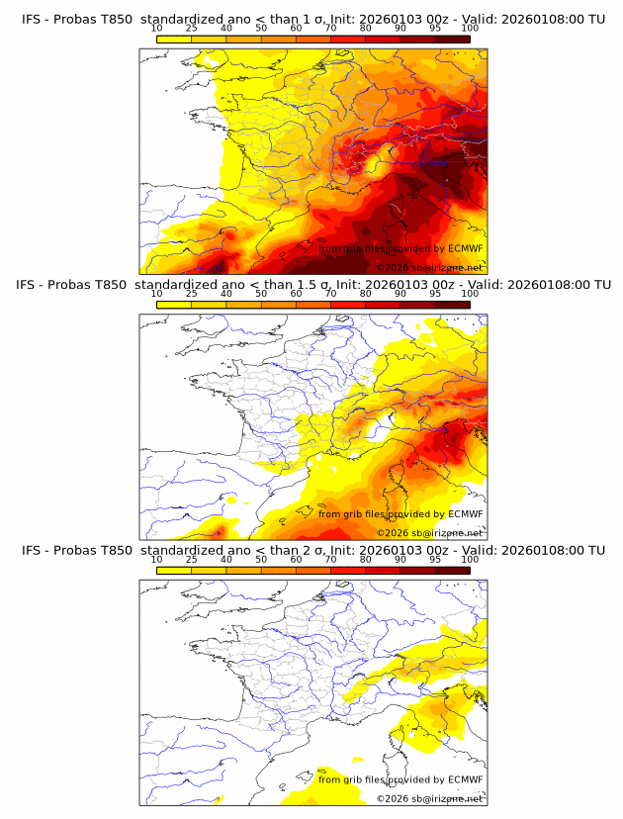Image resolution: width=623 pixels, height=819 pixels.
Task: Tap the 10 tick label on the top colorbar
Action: (157, 28)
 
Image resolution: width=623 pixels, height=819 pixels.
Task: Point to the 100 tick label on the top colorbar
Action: (470, 28)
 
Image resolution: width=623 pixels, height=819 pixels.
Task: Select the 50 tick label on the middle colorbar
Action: (261, 294)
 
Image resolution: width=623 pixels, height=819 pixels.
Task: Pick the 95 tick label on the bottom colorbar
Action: (435, 560)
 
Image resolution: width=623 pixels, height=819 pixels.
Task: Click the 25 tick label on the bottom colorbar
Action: (192, 560)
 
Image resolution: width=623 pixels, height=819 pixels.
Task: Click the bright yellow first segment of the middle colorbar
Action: (174, 305)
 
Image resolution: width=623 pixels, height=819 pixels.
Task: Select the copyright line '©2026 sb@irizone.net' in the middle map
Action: (429, 532)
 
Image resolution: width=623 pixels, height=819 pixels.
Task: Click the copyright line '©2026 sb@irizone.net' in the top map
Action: (429, 268)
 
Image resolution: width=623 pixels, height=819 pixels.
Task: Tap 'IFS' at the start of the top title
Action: (32, 19)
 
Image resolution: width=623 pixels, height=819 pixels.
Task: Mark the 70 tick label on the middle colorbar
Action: (330, 294)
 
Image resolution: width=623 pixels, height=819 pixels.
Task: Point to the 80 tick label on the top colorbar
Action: (366, 28)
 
